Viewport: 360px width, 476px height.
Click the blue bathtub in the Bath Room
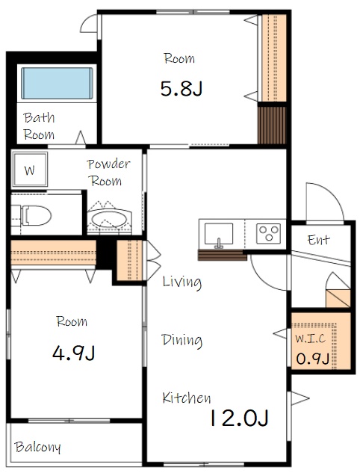tap(57, 83)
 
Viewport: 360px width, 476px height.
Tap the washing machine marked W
tap(29, 169)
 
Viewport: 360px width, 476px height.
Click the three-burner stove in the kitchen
tap(268, 233)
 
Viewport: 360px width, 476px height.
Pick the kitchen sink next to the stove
tap(219, 234)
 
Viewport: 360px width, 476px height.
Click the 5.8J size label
tap(181, 89)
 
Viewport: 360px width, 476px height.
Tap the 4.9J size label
tap(73, 353)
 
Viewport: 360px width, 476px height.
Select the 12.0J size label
tap(239, 418)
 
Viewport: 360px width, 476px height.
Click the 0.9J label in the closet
tap(313, 359)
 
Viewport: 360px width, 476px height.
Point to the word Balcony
tap(37, 447)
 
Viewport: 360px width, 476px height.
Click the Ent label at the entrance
tap(318, 240)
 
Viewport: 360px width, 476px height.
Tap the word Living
tap(181, 282)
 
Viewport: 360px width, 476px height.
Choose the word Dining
tap(181, 340)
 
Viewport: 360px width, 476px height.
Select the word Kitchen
tap(187, 398)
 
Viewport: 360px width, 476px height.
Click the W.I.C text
tap(311, 338)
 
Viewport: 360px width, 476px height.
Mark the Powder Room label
tap(108, 173)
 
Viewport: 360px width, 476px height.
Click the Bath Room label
tap(39, 126)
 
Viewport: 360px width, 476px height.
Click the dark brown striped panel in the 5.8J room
tap(272, 125)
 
